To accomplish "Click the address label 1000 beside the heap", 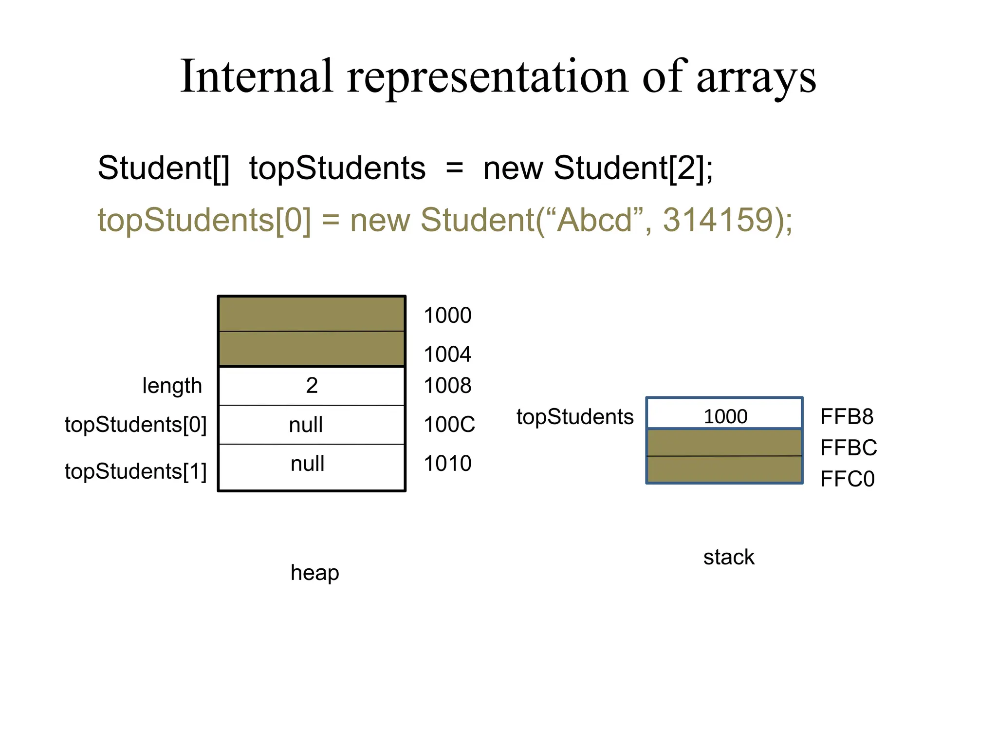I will tap(447, 316).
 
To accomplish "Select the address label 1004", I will tap(447, 354).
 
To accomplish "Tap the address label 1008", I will tap(447, 386).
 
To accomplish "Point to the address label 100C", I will tap(449, 425).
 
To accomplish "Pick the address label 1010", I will tap(447, 464).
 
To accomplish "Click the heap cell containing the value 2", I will tap(312, 386).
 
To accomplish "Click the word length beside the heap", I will tap(172, 386).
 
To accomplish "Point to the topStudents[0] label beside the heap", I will tap(136, 425).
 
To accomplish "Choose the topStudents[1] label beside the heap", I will tap(136, 471).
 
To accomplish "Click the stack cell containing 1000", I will tap(724, 415).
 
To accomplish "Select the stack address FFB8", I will tap(847, 417).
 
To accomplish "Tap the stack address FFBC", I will tap(848, 448).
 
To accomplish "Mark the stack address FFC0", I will tap(847, 479).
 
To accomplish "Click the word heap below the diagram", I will tap(314, 573).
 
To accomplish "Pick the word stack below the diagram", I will tap(728, 557).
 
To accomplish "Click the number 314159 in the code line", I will tap(718, 220).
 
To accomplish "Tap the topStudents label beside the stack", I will tap(575, 417).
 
